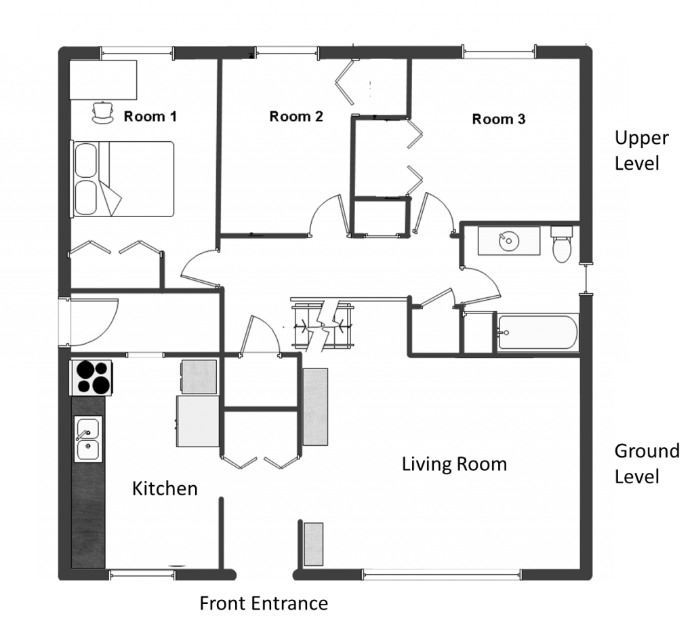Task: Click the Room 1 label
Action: [150, 117]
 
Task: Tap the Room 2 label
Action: [295, 117]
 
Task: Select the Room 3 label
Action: [498, 119]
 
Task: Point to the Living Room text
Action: [454, 465]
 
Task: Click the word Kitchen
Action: [165, 489]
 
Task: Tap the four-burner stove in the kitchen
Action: [91, 377]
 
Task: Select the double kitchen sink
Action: [87, 439]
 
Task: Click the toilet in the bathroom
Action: [562, 245]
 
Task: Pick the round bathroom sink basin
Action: [507, 241]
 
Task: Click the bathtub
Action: [537, 332]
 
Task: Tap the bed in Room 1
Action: [123, 179]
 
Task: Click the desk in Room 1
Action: [104, 79]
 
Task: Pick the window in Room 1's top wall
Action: [137, 51]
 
